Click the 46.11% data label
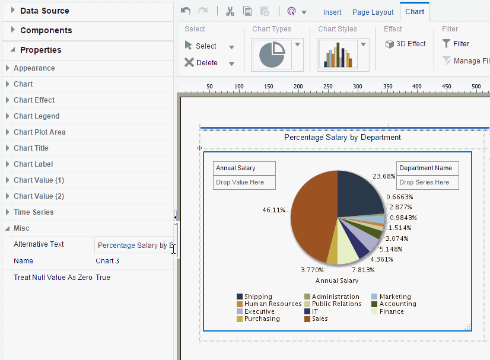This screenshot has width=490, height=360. tap(273, 210)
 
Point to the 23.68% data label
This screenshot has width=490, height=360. tap(384, 176)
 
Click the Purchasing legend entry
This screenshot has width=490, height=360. tap(262, 319)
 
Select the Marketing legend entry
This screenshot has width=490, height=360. tap(395, 297)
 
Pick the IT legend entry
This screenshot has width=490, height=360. tap(315, 311)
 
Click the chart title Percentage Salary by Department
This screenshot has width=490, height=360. tap(342, 138)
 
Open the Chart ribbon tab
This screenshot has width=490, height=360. tap(415, 12)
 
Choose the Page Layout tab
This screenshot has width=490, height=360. tap(373, 12)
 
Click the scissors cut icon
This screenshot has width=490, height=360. tap(230, 11)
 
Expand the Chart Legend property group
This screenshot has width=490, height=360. tap(36, 116)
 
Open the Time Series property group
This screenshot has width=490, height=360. tap(33, 212)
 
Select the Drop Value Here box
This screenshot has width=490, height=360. tap(244, 183)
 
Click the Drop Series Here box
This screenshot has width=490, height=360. tap(427, 183)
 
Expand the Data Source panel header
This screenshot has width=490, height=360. tap(44, 11)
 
